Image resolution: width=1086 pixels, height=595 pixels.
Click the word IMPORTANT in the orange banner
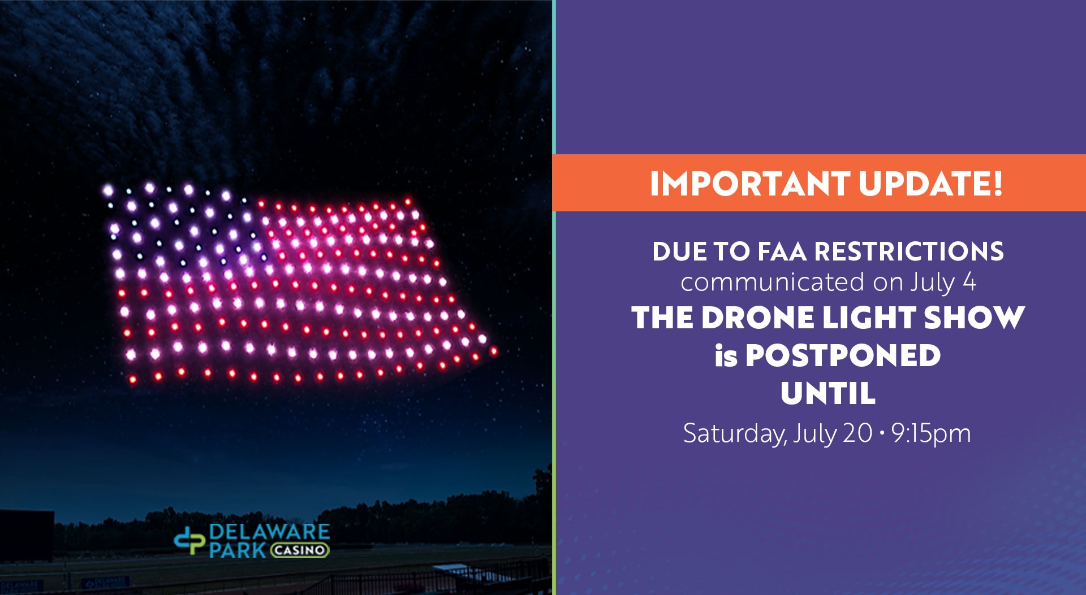pos(749,184)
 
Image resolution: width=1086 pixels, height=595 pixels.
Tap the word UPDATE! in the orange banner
pos(931,184)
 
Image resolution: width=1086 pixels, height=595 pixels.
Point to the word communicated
pos(773,282)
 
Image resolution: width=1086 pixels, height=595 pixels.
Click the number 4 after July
pos(969,282)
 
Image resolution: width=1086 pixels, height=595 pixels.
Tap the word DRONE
pos(758,318)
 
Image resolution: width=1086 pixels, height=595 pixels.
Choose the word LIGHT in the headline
pos(869,318)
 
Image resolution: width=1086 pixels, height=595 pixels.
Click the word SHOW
pos(974,318)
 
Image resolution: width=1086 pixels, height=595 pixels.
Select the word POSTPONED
pos(843,355)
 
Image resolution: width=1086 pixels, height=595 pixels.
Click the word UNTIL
pos(828,393)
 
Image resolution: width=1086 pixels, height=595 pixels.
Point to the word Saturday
pos(735,434)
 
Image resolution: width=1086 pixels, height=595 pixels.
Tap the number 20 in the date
pos(857,433)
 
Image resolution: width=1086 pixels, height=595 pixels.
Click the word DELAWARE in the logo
pos(269,532)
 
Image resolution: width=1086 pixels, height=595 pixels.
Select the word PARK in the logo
pos(238,550)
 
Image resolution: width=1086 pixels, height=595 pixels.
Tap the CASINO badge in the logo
pos(299,550)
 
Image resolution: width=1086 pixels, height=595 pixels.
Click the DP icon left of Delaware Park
pos(189,540)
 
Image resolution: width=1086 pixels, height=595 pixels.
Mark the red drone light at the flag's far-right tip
pos(493,351)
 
